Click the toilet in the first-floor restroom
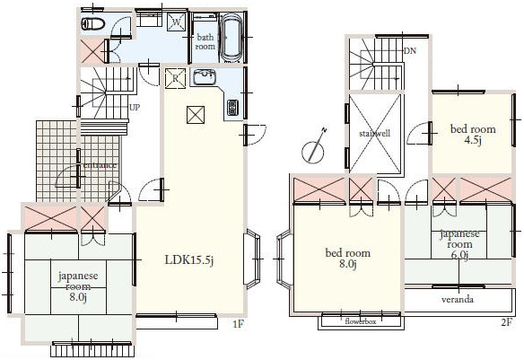click(x=93, y=23)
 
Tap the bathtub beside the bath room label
click(x=231, y=38)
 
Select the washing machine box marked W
click(x=176, y=22)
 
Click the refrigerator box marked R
click(x=175, y=78)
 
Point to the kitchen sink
click(x=203, y=77)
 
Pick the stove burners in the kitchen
click(x=231, y=108)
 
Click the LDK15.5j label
click(x=189, y=260)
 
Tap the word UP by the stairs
click(x=135, y=108)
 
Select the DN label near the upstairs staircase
click(x=410, y=51)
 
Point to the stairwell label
click(x=375, y=134)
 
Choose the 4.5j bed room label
click(x=473, y=134)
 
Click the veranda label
click(x=458, y=299)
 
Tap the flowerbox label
click(x=361, y=321)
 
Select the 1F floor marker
click(x=239, y=323)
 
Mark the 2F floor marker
click(x=506, y=322)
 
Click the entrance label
click(x=100, y=165)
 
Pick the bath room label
click(x=205, y=42)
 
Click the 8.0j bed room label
click(x=348, y=258)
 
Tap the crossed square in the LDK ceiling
click(x=196, y=115)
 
